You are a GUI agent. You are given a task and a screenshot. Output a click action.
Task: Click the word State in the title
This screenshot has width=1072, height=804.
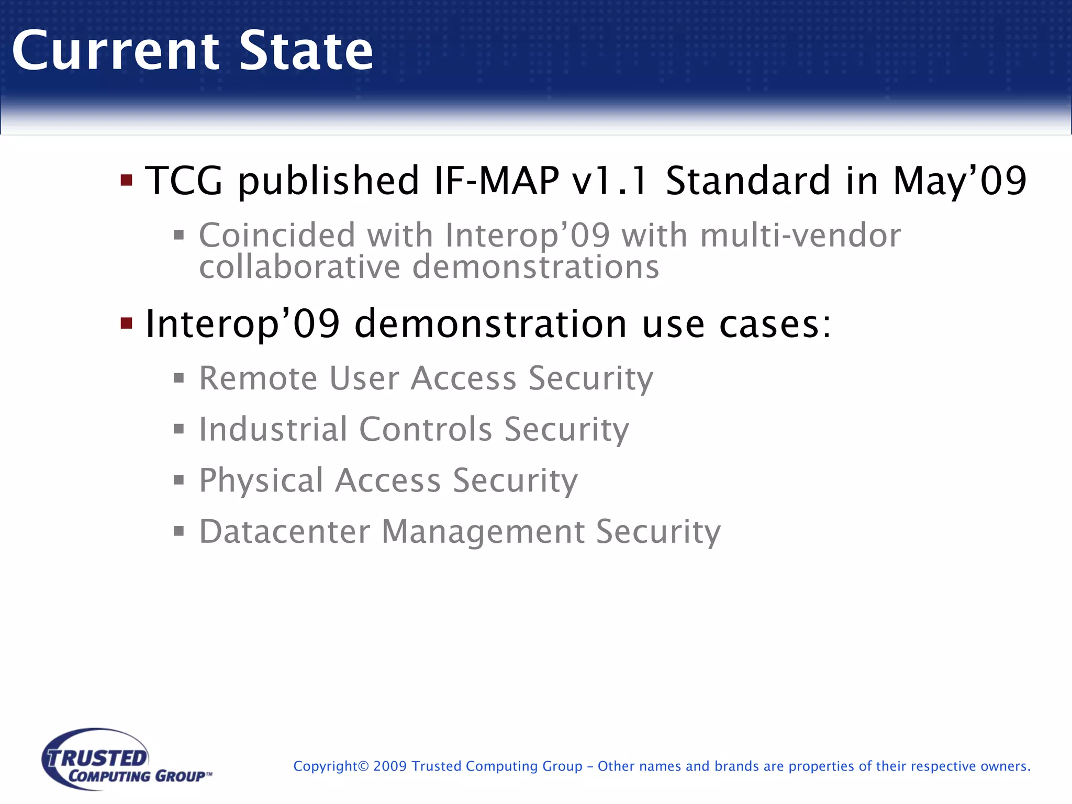click(306, 51)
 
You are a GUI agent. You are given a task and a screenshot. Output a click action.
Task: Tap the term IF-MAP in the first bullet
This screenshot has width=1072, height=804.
click(496, 181)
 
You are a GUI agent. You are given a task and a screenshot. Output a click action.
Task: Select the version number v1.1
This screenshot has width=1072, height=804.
click(610, 181)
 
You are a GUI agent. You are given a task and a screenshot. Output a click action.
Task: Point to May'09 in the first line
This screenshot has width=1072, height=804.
click(959, 181)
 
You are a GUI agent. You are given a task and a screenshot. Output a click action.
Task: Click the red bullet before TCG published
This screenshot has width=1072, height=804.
click(126, 181)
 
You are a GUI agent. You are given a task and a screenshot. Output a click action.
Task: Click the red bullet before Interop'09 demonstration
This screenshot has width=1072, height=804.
click(126, 322)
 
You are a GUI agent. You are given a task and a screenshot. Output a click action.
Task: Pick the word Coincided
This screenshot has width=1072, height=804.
click(277, 235)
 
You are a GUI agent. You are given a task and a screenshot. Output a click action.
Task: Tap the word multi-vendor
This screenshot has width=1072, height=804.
click(800, 235)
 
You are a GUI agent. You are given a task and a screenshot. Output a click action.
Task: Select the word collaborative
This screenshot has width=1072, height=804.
click(299, 267)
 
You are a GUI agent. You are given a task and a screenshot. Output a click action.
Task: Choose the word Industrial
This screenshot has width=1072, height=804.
click(273, 429)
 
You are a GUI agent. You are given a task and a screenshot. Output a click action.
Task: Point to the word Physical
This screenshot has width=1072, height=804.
click(261, 481)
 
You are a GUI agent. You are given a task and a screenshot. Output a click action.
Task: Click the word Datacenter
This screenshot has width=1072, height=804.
click(285, 532)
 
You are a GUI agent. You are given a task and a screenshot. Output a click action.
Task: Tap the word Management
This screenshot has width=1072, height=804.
click(483, 532)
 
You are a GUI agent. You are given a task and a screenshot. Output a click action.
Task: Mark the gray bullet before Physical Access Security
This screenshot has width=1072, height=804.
click(179, 480)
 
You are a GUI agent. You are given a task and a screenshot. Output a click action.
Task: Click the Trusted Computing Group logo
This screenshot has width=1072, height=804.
click(126, 760)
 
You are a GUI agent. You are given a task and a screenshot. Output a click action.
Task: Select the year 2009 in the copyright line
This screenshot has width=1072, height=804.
click(390, 766)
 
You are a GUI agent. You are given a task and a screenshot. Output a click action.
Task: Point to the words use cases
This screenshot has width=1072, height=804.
click(735, 323)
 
